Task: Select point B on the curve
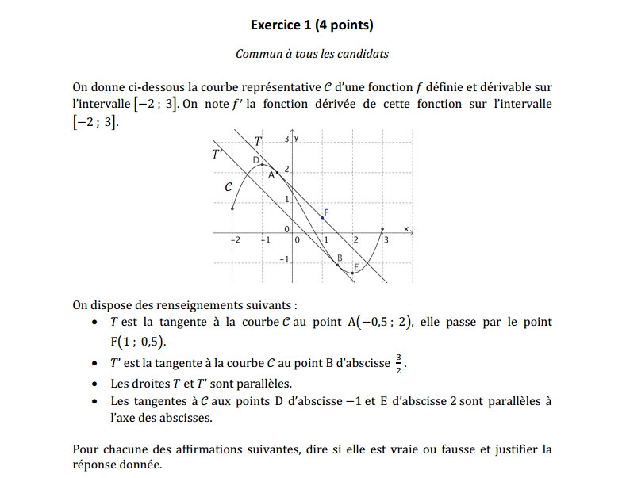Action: click(x=339, y=264)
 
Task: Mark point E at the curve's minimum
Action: click(x=354, y=272)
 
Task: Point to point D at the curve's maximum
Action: click(x=263, y=165)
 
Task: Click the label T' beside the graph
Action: click(x=217, y=154)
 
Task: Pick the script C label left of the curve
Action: click(x=229, y=188)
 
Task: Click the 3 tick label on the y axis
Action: click(x=287, y=140)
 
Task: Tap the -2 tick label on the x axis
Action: click(x=234, y=239)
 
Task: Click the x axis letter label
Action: click(x=405, y=228)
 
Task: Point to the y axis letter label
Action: click(x=298, y=139)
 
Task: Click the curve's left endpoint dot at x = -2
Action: click(x=232, y=208)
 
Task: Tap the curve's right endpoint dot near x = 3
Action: click(x=384, y=228)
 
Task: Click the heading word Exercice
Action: click(x=276, y=25)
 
